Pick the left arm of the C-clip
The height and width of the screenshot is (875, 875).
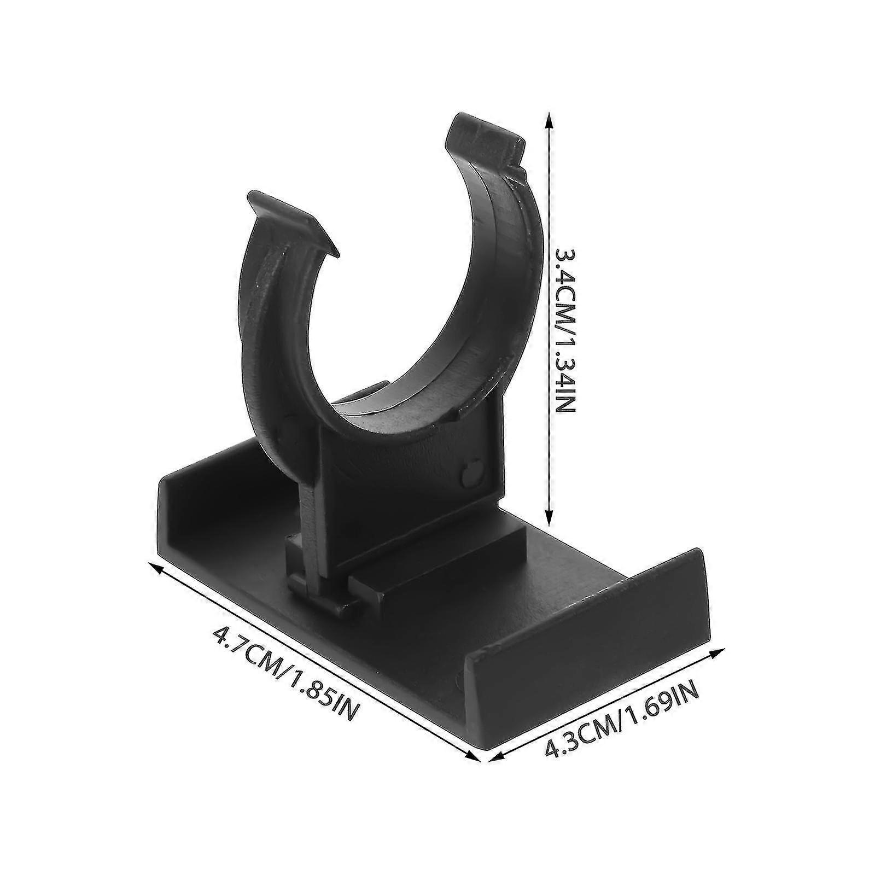pos(273,339)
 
